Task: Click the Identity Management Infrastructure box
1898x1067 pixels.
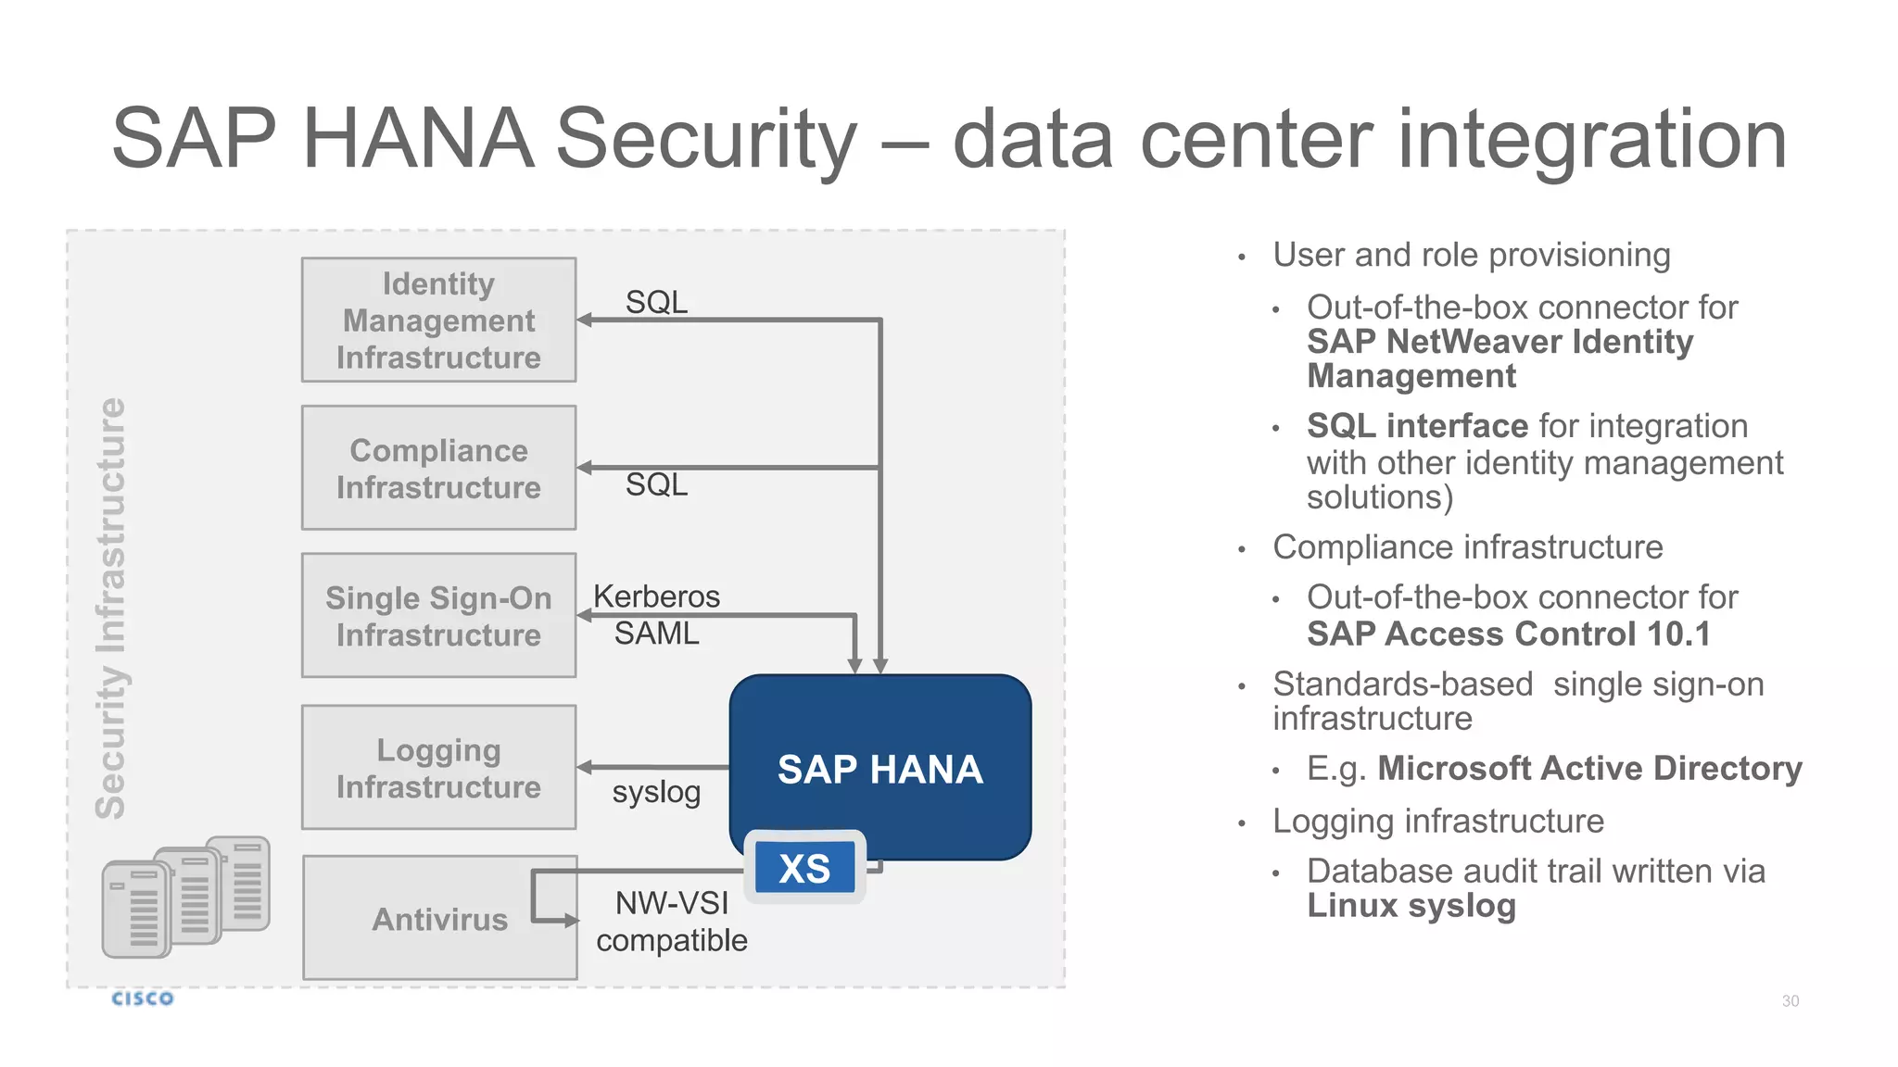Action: (438, 320)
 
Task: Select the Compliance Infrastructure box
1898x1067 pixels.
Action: (438, 468)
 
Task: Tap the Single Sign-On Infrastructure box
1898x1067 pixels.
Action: (438, 616)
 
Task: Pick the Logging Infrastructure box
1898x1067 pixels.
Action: (438, 767)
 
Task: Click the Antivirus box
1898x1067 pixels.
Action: (439, 918)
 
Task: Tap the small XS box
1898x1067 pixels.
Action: (804, 868)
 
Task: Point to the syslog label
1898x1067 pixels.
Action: (656, 792)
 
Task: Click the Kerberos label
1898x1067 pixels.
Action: (656, 596)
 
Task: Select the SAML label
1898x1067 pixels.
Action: (656, 634)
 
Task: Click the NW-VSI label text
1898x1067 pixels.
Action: (672, 903)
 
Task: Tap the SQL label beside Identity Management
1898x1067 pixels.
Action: (656, 302)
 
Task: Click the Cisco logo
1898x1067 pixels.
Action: (142, 998)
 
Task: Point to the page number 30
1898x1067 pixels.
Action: (1790, 1001)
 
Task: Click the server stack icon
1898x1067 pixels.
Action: (185, 897)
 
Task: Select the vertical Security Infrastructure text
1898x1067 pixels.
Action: (110, 609)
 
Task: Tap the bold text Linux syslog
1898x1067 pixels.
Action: (1411, 906)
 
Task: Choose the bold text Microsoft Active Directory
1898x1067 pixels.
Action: (1588, 769)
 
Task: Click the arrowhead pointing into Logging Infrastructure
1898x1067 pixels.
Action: (584, 767)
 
